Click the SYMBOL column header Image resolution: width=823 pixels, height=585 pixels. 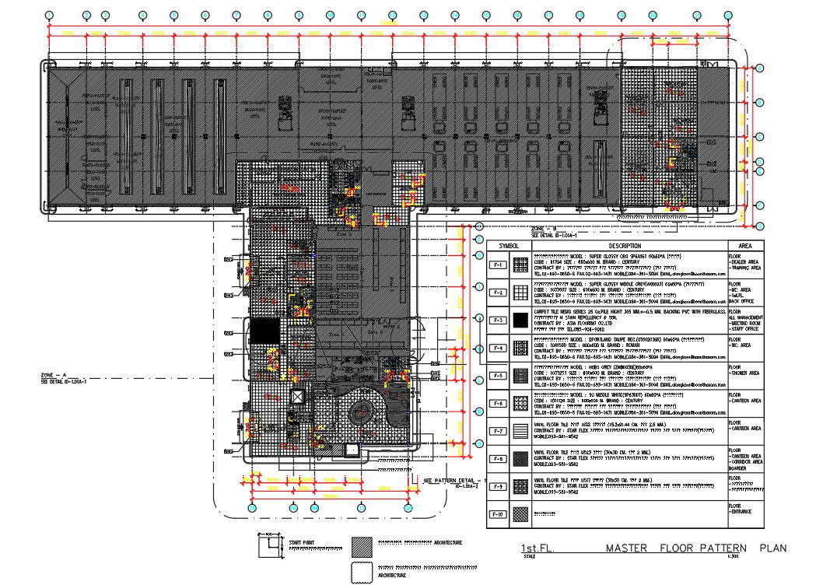click(x=509, y=245)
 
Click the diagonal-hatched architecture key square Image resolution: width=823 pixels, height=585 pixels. click(x=362, y=545)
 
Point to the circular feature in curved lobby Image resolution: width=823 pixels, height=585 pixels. click(x=362, y=413)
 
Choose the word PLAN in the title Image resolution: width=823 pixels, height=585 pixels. click(x=773, y=548)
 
